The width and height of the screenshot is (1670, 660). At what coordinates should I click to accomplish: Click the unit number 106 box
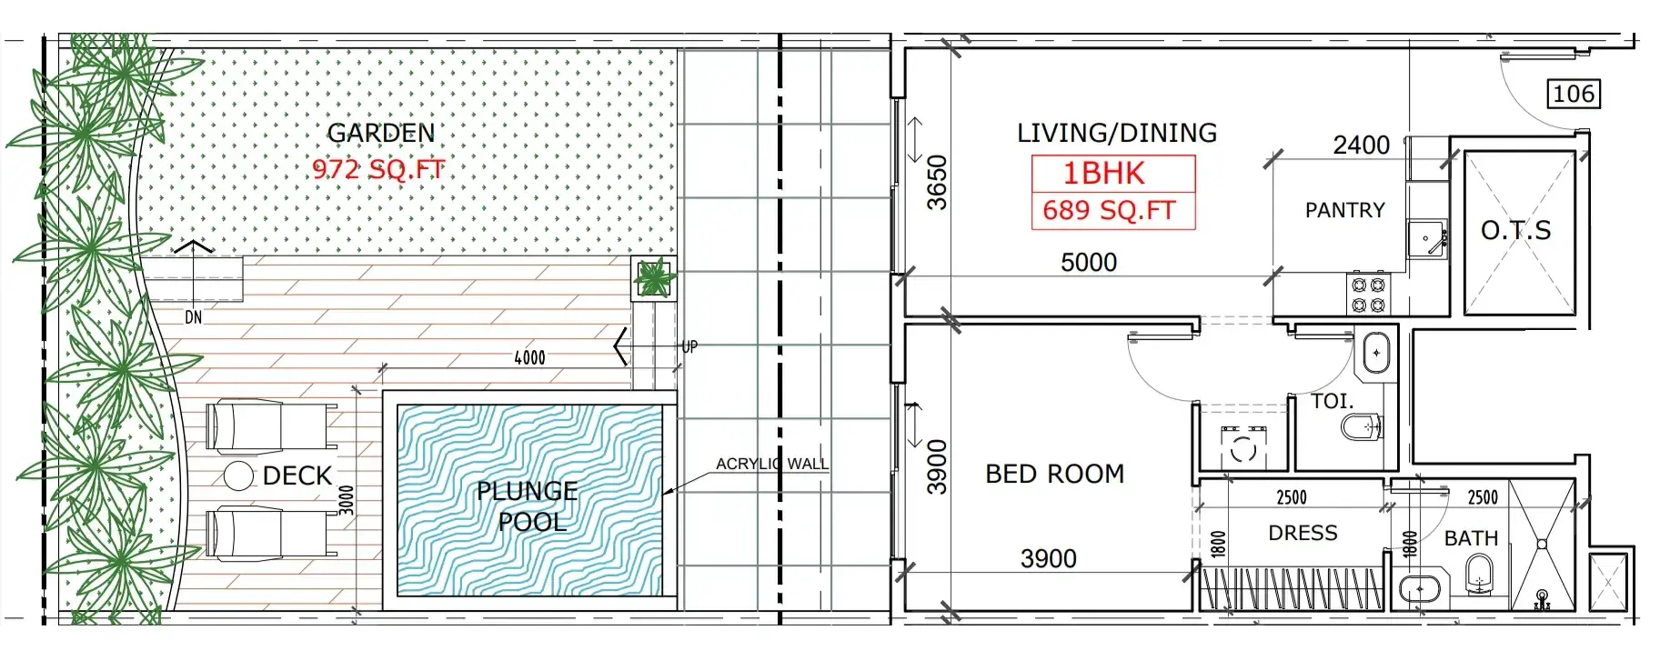tap(1574, 94)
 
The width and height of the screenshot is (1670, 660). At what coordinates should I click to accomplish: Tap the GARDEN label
tap(381, 134)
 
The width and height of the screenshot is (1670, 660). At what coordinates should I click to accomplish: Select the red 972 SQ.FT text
tap(378, 169)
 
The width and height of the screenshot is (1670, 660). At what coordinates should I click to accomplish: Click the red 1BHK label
tap(1104, 173)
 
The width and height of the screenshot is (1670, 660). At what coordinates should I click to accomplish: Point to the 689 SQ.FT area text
tap(1110, 211)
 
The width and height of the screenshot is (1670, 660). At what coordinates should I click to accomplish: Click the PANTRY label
tap(1345, 211)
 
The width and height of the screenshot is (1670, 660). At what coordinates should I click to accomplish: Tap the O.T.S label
tap(1516, 231)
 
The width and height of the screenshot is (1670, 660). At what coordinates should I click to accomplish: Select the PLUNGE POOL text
tap(528, 506)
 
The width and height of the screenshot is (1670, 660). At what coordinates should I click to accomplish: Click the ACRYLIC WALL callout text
tap(772, 464)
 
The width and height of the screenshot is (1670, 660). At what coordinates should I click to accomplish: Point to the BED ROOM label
tap(1055, 474)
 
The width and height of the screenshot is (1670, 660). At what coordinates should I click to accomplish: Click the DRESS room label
tap(1303, 533)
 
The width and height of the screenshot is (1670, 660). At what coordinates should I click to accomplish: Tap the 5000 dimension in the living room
tap(1089, 263)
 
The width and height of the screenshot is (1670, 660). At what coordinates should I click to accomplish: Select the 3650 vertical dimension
tap(937, 183)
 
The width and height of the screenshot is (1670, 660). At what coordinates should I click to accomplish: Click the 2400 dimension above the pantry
tap(1362, 145)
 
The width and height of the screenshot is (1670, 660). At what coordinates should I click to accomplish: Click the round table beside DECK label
tap(238, 475)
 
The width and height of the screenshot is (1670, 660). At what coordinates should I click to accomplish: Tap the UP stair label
tap(690, 346)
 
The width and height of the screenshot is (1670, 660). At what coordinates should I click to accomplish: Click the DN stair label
tap(194, 317)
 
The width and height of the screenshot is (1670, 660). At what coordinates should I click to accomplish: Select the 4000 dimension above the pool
tap(530, 358)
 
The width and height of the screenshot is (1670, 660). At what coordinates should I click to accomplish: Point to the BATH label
tap(1471, 539)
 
